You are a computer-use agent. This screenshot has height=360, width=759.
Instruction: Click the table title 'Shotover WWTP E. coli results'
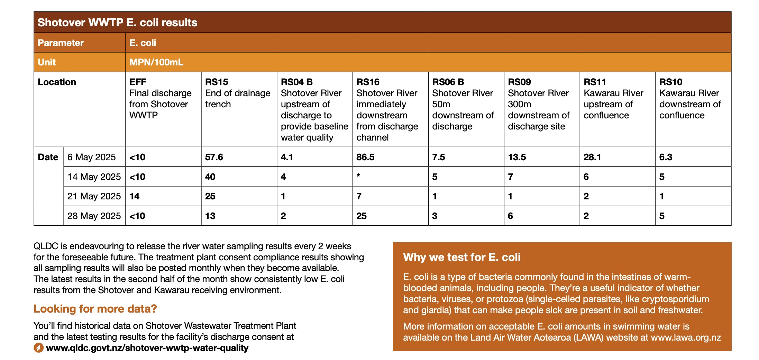point(117,22)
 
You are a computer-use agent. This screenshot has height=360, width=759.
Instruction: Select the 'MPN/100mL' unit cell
point(156,62)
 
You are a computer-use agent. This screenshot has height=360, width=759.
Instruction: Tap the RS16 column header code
point(368,82)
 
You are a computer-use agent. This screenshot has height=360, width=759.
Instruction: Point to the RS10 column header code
point(670,82)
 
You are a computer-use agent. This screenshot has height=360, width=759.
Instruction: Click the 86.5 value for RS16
point(365,157)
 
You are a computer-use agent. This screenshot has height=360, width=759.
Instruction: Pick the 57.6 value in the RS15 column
point(214,157)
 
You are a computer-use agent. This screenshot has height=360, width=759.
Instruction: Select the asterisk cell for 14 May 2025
point(358,176)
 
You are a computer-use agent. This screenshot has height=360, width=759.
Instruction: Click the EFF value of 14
point(134,196)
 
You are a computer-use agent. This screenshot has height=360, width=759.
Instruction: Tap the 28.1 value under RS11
point(592,157)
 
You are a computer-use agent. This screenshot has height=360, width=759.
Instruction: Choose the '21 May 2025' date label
point(94,196)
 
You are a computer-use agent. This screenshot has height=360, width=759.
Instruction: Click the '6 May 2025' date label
point(91,157)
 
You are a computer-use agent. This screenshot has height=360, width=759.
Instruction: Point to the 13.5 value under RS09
point(516,157)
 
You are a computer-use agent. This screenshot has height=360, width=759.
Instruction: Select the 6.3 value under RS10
point(666,157)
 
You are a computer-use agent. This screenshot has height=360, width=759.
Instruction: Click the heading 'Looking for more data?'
point(95,308)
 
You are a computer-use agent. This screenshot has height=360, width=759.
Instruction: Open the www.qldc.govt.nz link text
point(147,348)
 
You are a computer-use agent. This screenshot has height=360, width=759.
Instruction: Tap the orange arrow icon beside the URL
point(38,348)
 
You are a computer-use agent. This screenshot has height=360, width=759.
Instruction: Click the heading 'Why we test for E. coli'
point(461,257)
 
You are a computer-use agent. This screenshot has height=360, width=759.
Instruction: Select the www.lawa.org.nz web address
point(686,337)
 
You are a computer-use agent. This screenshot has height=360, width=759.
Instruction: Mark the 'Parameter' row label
point(61,43)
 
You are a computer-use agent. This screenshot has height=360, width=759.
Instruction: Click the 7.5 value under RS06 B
point(438,157)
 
